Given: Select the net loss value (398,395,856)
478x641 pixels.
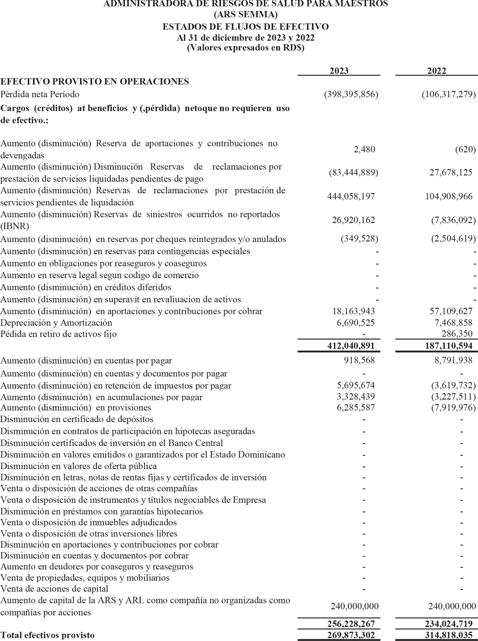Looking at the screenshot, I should (x=351, y=94).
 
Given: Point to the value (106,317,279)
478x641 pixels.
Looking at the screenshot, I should (x=449, y=94).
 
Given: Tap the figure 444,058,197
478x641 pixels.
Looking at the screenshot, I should (x=351, y=196).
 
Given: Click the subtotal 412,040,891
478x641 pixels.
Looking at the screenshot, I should (x=351, y=346).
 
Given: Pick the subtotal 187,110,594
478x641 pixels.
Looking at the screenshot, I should (x=449, y=346).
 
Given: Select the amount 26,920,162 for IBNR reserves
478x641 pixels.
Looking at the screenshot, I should (x=353, y=220).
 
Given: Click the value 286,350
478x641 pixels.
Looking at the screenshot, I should (x=457, y=334).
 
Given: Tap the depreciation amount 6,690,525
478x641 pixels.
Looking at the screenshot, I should (x=356, y=323).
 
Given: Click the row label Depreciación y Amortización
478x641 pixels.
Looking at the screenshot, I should (x=56, y=323).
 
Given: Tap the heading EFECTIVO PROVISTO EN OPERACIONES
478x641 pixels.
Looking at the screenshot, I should (x=95, y=82).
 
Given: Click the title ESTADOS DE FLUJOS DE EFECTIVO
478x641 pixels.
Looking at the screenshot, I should (x=245, y=27).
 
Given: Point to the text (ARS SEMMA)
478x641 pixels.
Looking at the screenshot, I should (x=245, y=14).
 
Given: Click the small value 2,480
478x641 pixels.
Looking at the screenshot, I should (x=364, y=149).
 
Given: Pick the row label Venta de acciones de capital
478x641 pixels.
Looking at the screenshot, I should (x=54, y=588).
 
